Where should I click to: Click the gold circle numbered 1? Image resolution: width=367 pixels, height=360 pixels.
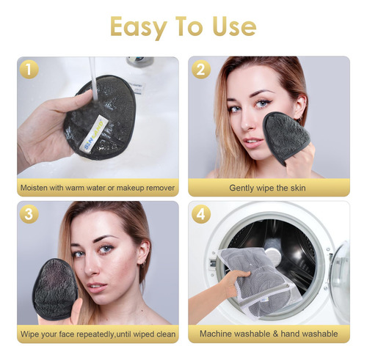(x=29, y=69)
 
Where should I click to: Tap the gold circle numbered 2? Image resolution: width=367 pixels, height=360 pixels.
(x=201, y=69)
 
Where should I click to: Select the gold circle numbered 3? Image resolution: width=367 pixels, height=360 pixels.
(x=29, y=214)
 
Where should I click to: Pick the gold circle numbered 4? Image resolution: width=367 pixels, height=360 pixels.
(x=201, y=214)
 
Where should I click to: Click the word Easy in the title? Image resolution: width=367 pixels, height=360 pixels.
(x=139, y=27)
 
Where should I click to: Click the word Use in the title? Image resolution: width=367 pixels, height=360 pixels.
(x=234, y=26)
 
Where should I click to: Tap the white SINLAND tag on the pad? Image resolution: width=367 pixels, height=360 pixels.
(x=94, y=133)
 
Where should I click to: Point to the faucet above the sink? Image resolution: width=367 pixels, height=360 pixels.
(x=140, y=62)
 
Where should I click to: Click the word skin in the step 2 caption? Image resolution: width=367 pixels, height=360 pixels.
(x=298, y=188)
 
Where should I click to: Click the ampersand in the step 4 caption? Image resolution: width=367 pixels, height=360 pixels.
(x=275, y=334)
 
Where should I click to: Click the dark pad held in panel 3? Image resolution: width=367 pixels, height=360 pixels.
(x=55, y=289)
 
